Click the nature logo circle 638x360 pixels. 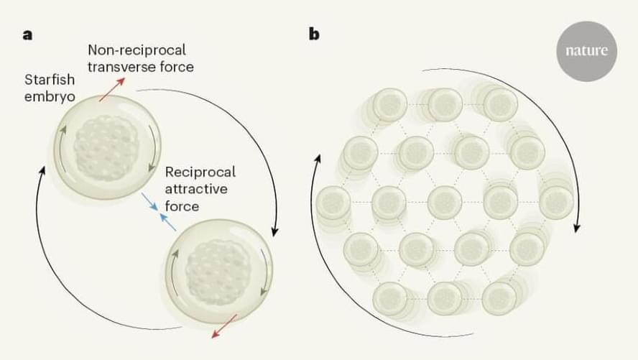point(587,51)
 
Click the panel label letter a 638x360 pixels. point(27,34)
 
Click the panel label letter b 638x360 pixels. point(314,34)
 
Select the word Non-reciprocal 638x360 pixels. point(137,50)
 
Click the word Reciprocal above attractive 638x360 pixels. point(200,172)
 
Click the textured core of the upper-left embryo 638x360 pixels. point(106,144)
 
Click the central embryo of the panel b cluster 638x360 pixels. point(443,202)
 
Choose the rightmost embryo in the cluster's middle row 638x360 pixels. point(555,202)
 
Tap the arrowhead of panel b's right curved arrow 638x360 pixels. point(575,228)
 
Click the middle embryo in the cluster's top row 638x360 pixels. point(445,105)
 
